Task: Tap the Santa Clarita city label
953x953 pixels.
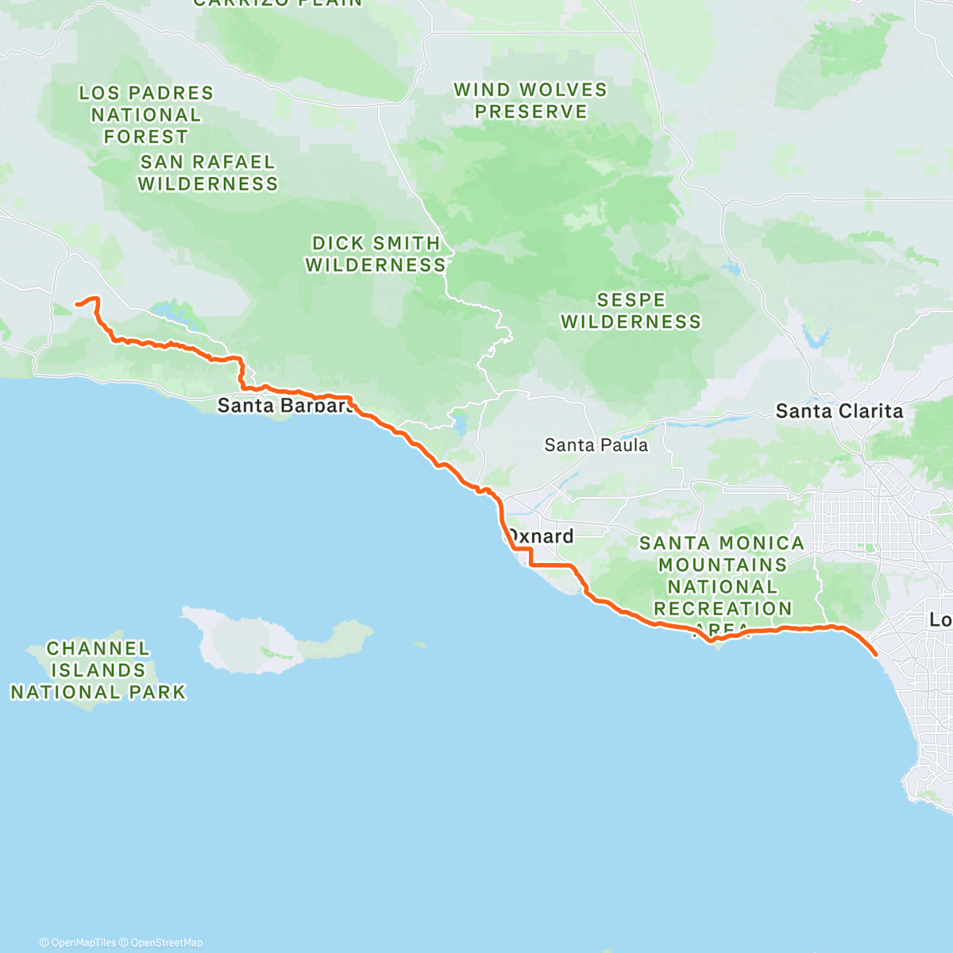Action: click(x=839, y=411)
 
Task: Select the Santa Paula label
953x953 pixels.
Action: click(x=596, y=446)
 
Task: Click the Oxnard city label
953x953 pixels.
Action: click(x=541, y=537)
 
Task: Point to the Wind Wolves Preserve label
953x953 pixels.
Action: click(x=531, y=101)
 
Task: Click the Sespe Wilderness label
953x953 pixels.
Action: click(x=631, y=311)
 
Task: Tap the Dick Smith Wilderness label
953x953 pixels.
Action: click(x=376, y=254)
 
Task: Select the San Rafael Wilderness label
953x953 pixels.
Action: click(x=208, y=173)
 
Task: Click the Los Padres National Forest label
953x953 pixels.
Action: click(x=146, y=115)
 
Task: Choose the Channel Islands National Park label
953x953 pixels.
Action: click(x=98, y=671)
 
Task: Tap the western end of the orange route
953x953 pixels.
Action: click(x=76, y=303)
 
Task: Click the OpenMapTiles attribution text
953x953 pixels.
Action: click(x=78, y=943)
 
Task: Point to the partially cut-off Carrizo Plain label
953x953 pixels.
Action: click(x=277, y=3)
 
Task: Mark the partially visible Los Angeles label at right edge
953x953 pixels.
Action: click(x=941, y=619)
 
